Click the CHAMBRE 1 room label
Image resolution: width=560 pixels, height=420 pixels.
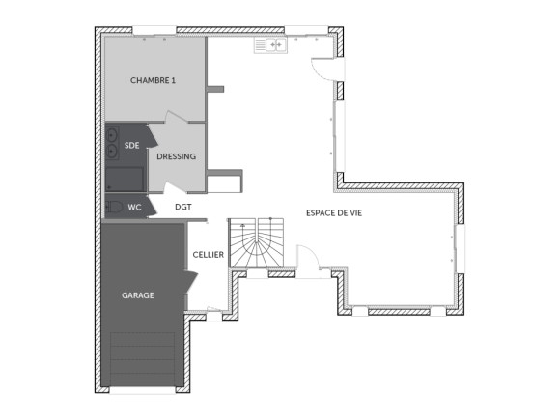click(x=153, y=81)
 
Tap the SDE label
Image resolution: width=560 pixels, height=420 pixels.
click(x=131, y=145)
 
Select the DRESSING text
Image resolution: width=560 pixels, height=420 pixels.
click(x=177, y=156)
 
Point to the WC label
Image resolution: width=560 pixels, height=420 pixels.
click(x=134, y=207)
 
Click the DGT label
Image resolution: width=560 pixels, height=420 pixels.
click(x=182, y=207)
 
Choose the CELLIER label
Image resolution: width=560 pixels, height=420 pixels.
click(x=208, y=255)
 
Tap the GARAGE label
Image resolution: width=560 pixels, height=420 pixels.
click(x=138, y=294)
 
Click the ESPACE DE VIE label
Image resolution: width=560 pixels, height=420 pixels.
click(x=334, y=212)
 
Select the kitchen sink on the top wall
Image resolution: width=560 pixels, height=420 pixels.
click(x=270, y=44)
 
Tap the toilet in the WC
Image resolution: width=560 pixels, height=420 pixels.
click(x=115, y=207)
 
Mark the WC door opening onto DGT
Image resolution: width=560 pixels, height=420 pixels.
click(x=154, y=208)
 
